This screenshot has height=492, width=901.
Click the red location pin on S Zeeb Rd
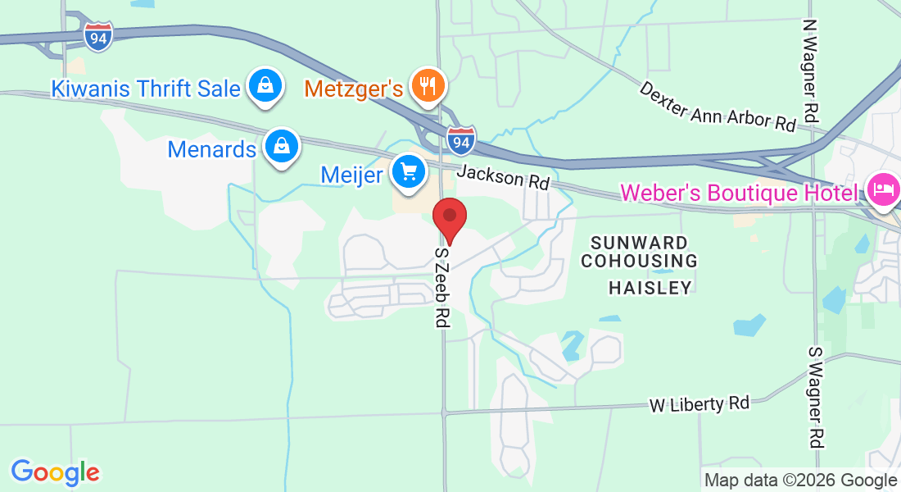point(449,217)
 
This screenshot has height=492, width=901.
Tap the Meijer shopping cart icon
point(408,171)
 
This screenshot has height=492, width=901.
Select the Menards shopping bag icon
point(282,147)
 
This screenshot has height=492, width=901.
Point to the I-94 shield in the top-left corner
point(97,36)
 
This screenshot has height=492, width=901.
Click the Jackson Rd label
point(503,177)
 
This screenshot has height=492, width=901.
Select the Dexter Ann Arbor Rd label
point(718,106)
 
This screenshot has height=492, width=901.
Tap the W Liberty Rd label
point(699,404)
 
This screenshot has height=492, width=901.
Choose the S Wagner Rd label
point(815,397)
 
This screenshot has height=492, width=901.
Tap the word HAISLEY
point(650,287)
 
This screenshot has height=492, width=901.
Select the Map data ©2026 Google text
point(800,480)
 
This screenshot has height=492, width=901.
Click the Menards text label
point(212,149)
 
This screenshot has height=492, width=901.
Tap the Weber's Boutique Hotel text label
point(739,193)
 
